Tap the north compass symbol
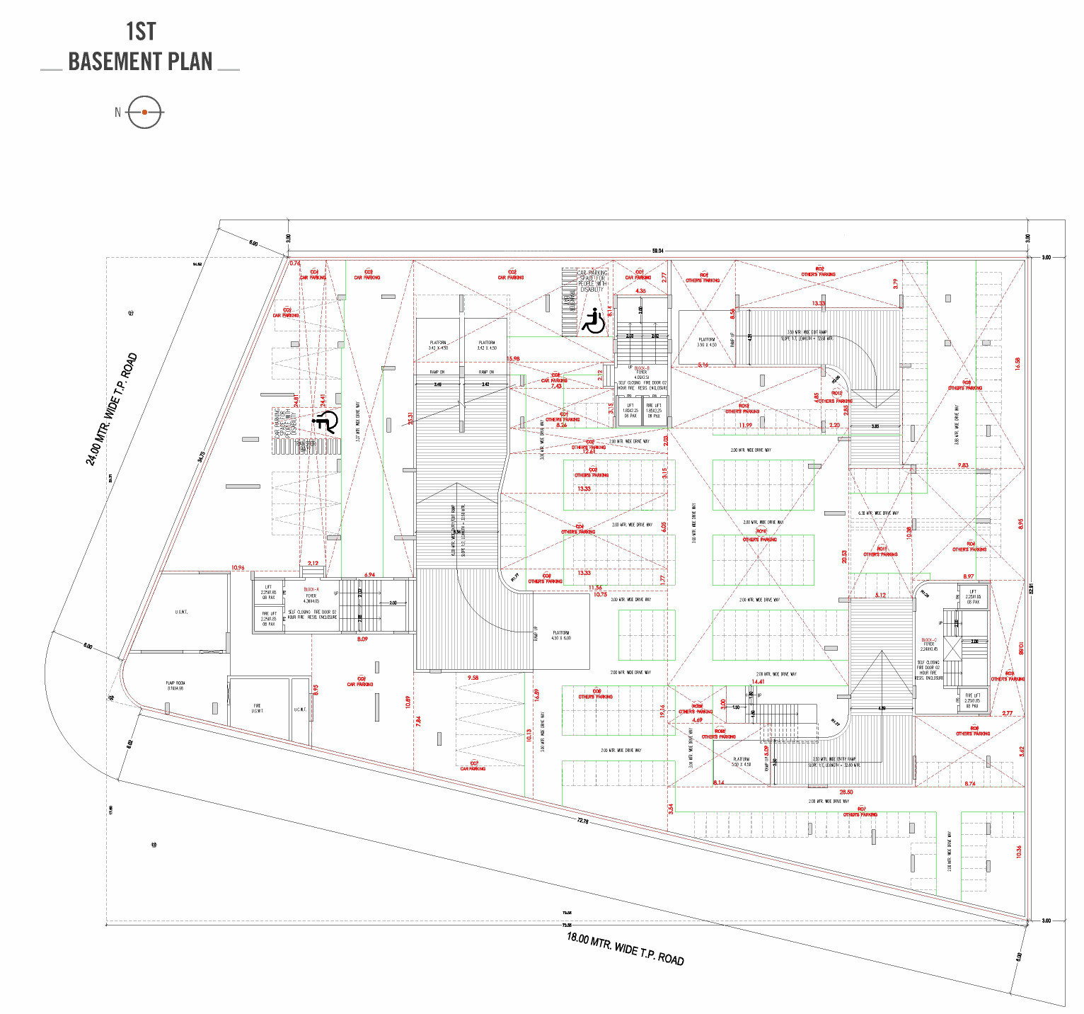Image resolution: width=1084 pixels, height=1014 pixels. pos(144,112)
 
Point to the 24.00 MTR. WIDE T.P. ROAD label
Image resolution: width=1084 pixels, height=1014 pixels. pos(111,409)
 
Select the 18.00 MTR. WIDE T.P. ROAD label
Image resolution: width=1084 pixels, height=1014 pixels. pos(625,948)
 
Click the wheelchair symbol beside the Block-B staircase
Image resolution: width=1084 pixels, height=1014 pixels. pos(593,320)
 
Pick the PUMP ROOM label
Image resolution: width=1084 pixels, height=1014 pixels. pos(175,685)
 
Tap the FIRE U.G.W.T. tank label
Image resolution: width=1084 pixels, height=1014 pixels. pos(258,708)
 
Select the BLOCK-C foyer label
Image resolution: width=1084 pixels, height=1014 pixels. pos(928,644)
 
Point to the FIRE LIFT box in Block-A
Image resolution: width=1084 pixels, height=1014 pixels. pos(269,618)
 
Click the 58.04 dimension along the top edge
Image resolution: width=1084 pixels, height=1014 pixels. pos(657,251)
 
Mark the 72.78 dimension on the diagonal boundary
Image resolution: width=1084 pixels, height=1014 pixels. pos(582,821)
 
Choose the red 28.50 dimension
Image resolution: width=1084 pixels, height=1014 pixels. pos(846,792)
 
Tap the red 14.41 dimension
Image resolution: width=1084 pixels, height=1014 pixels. pos(758,681)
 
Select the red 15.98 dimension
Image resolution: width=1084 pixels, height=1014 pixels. pos(513,359)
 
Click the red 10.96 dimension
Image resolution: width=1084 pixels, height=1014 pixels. pos(238,568)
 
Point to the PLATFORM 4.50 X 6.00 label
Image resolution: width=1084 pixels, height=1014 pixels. pos(561,635)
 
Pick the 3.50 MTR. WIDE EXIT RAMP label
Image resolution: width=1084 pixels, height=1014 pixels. pos(810,334)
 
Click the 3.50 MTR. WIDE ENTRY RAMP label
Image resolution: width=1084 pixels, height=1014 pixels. pos(836,761)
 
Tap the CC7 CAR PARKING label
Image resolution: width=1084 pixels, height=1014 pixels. pos(473,765)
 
